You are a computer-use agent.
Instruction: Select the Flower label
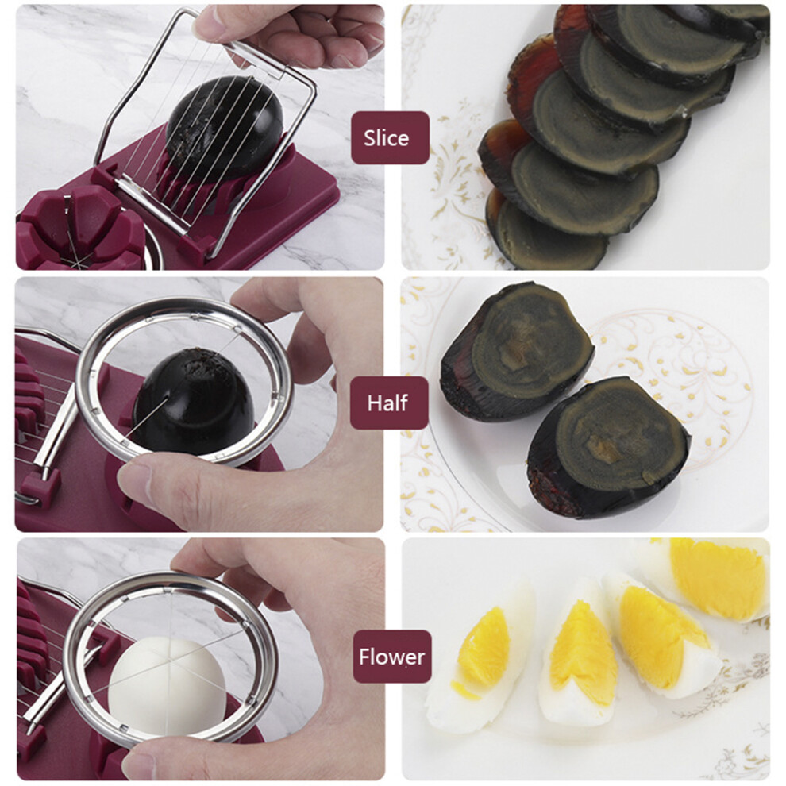click(x=392, y=657)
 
